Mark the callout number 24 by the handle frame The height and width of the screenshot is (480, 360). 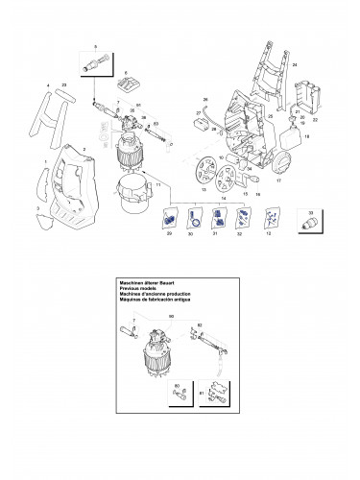295,63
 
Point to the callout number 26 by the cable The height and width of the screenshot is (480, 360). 204,100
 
